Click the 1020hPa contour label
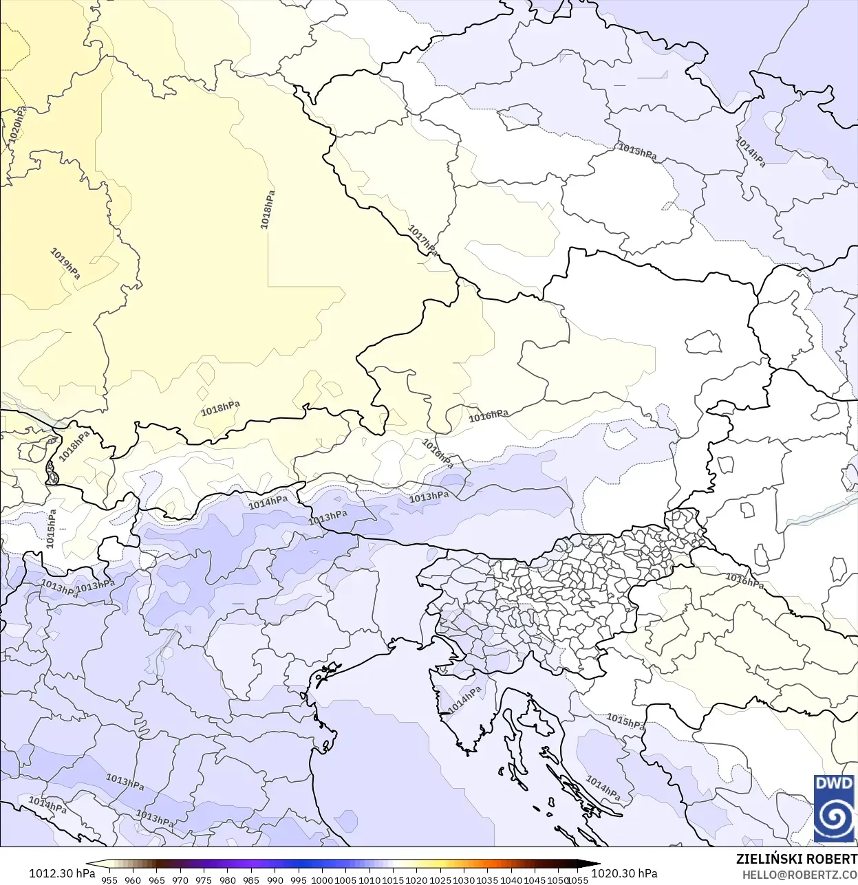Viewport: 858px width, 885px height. (18, 124)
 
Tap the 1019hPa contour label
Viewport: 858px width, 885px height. (65, 263)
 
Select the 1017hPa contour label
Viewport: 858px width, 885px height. (422, 240)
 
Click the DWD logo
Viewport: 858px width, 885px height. (834, 808)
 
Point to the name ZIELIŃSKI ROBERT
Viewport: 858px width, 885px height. (796, 859)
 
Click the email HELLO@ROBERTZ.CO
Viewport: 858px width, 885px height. (800, 875)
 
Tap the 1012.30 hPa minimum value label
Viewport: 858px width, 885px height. (62, 873)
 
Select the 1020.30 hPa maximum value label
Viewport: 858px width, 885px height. (624, 873)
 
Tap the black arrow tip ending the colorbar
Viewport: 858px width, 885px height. (596, 864)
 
